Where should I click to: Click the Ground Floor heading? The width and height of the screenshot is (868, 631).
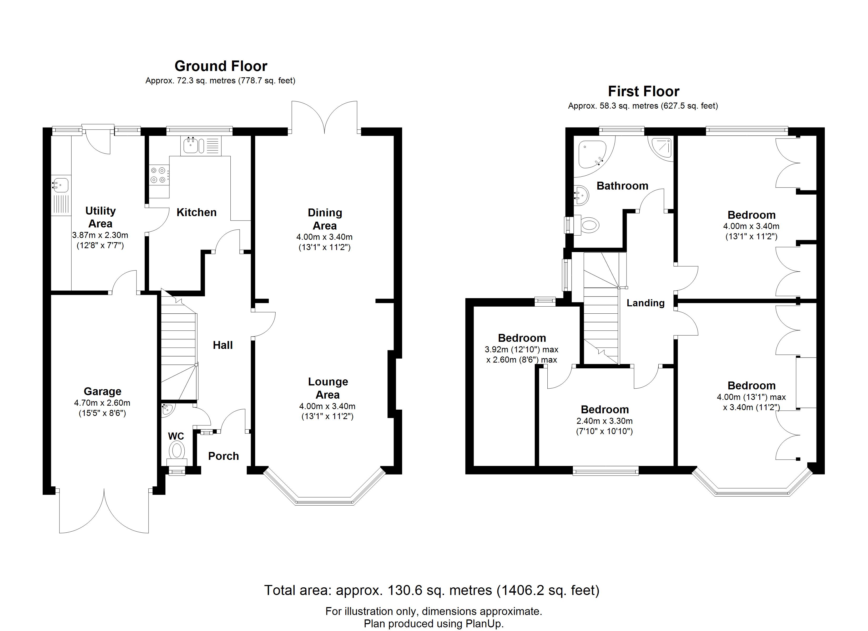pos(221,66)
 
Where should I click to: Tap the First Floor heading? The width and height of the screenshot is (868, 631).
pos(644,91)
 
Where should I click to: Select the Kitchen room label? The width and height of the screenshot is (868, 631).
pos(196,212)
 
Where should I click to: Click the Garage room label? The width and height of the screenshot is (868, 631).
pos(103,391)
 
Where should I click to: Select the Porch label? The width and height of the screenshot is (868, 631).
pos(224,456)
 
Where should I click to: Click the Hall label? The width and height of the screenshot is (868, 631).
pos(223,345)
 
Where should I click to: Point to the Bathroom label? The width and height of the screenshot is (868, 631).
pos(622,186)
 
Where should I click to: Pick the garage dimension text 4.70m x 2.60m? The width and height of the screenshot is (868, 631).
pos(102,403)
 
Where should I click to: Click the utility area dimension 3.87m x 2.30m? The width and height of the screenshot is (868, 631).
pos(100,235)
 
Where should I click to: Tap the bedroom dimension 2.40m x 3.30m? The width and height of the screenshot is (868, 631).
pos(605,421)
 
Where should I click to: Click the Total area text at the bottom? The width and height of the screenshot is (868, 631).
pos(432,591)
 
